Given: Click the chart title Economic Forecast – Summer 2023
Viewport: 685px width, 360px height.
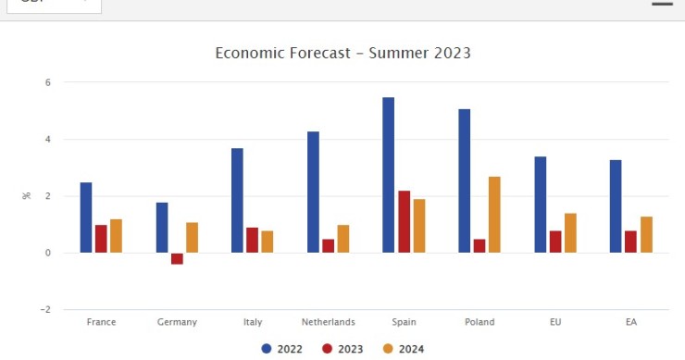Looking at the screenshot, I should (342, 53).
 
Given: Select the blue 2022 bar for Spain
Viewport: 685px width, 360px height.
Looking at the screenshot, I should (389, 175).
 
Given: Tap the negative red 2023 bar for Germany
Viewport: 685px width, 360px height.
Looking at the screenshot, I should (177, 258).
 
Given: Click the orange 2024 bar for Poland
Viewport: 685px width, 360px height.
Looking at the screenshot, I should (494, 215).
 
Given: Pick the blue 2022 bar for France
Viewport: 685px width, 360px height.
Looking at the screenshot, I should (86, 217).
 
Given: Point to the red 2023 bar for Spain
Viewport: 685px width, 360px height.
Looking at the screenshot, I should (405, 221).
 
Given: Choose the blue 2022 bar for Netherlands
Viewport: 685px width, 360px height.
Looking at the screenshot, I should (313, 192).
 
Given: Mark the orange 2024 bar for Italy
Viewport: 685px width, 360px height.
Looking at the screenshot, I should (268, 242).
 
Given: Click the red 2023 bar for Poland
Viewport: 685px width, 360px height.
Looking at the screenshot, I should (479, 246).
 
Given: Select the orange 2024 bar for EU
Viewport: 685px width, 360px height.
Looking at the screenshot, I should (570, 233).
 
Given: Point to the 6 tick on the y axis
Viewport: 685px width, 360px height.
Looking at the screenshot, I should (47, 82).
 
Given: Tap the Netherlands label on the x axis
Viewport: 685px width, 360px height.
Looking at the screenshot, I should (328, 322).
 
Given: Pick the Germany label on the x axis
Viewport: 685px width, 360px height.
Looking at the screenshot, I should (177, 322).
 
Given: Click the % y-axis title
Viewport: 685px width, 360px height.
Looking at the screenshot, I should (26, 196).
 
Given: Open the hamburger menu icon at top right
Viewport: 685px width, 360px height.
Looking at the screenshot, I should (662, 4).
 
